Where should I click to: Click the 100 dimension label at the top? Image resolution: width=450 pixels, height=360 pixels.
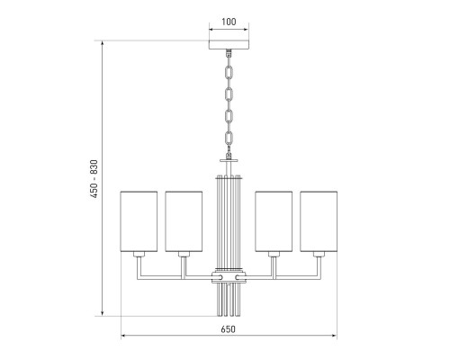tap(229, 22)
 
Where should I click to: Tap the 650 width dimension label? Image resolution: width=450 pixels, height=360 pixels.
tap(229, 329)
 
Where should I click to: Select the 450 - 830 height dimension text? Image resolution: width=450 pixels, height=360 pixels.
tap(94, 179)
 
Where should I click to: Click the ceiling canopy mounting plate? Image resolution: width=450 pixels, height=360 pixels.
tap(229, 45)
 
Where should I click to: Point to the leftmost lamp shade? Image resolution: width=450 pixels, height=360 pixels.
tap(139, 221)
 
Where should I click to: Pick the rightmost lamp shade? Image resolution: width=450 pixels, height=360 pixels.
tap(319, 221)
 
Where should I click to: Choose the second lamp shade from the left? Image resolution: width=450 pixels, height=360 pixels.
tap(184, 221)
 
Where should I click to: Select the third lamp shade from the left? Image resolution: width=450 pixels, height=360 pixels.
tap(274, 221)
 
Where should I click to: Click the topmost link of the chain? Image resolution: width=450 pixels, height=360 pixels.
tap(229, 73)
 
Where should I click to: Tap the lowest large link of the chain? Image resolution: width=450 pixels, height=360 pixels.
tap(229, 138)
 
